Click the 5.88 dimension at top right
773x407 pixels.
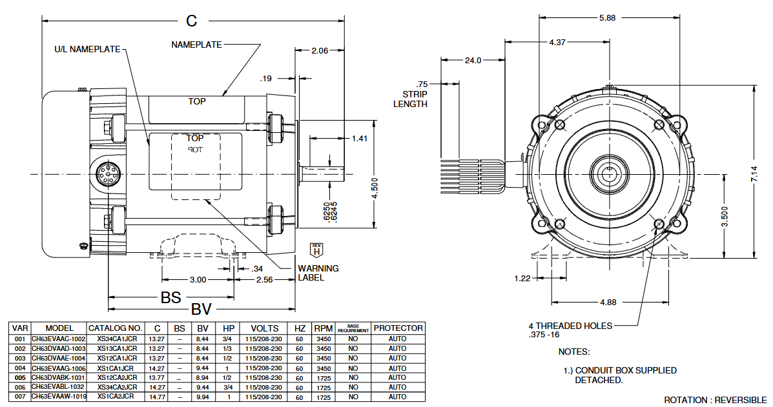point(607,18)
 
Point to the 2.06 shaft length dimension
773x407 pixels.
point(320,50)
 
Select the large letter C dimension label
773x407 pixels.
point(191,21)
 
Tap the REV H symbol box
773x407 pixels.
point(316,249)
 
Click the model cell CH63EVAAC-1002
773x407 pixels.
point(58,339)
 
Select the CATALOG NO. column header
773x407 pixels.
point(115,328)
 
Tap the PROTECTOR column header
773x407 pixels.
point(398,328)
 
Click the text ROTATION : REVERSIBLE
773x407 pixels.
point(715,400)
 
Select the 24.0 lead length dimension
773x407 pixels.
point(473,61)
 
